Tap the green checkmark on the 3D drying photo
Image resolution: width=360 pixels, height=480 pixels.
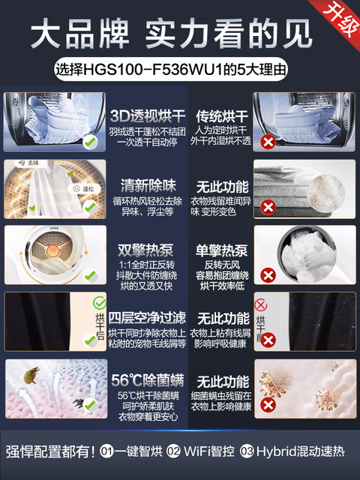[x=89, y=140]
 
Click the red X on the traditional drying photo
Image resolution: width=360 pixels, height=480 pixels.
[x=265, y=142]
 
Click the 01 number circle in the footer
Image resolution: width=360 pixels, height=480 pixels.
[x=108, y=451]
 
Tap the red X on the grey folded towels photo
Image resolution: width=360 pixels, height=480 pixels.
[x=265, y=206]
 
